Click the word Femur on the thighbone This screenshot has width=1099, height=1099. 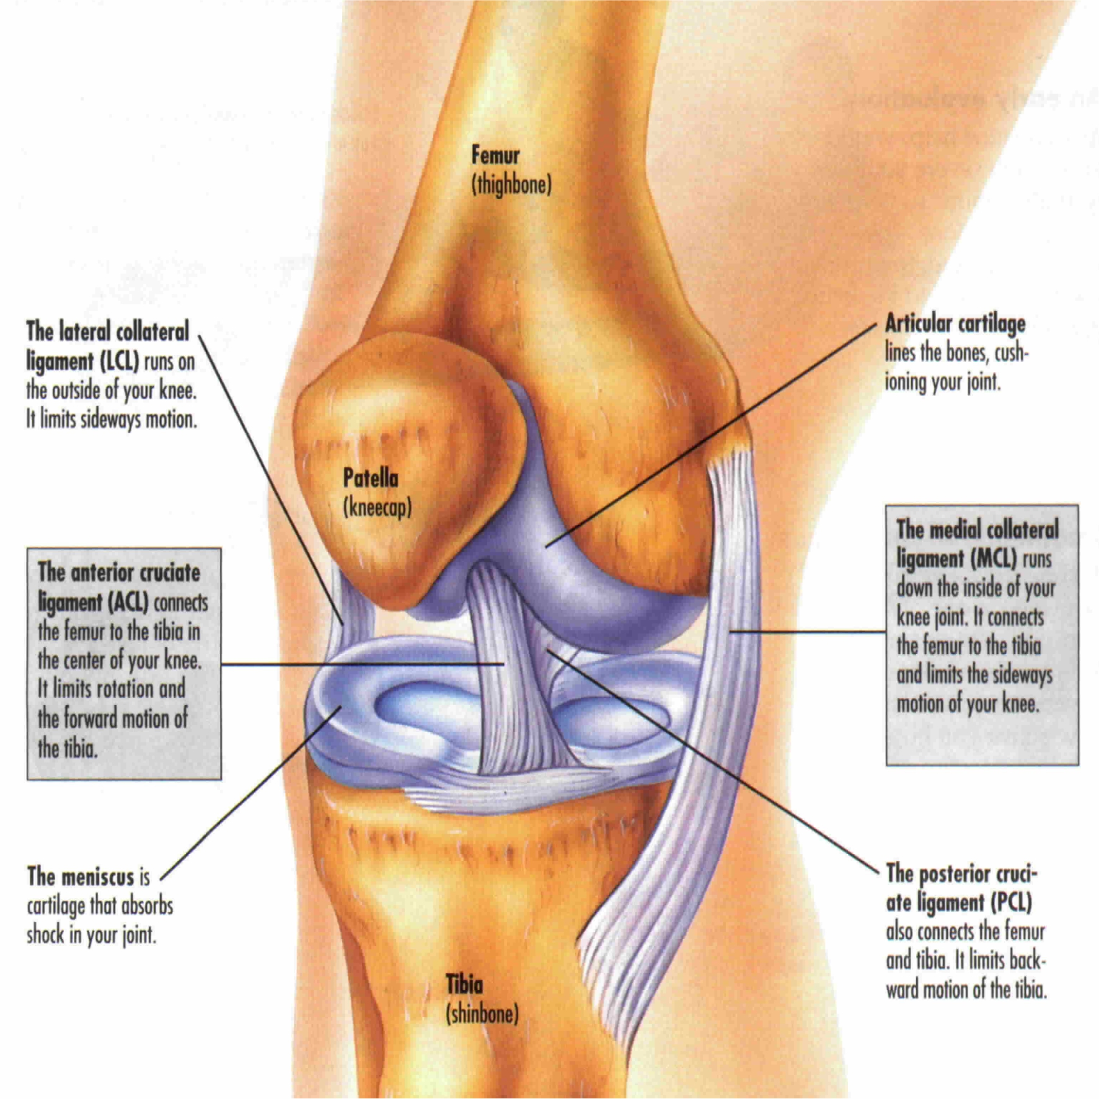495,155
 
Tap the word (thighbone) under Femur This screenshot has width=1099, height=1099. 511,185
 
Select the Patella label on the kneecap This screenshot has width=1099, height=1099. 371,479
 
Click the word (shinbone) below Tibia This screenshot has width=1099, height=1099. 482,1014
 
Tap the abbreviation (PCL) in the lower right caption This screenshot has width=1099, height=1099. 1011,903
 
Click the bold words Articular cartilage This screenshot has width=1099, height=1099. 955,324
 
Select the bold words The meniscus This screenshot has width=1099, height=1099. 81,876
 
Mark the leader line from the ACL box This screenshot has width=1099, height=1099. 363,664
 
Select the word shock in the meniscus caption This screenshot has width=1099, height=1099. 45,935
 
